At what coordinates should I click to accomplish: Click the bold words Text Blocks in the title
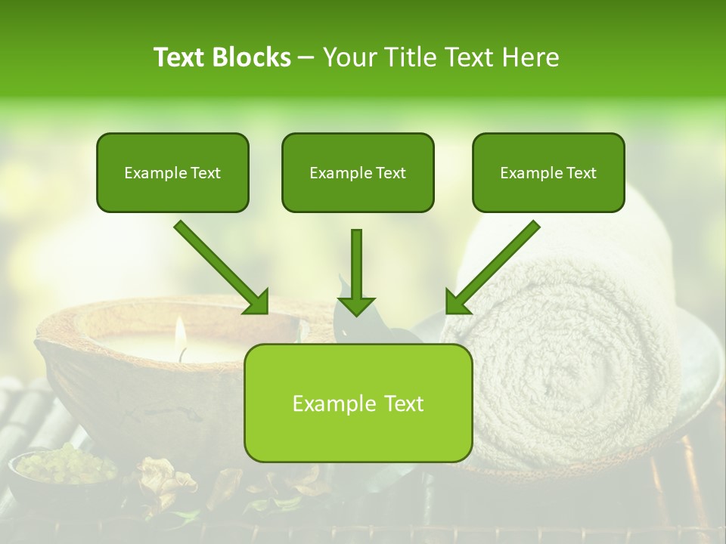pyautogui.click(x=222, y=57)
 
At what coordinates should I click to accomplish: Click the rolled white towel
pyautogui.click(x=575, y=355)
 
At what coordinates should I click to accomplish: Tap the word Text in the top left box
pyautogui.click(x=206, y=173)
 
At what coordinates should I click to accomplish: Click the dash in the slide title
pyautogui.click(x=307, y=57)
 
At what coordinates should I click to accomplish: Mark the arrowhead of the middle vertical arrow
pyautogui.click(x=356, y=305)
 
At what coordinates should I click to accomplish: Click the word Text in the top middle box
pyautogui.click(x=391, y=173)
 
